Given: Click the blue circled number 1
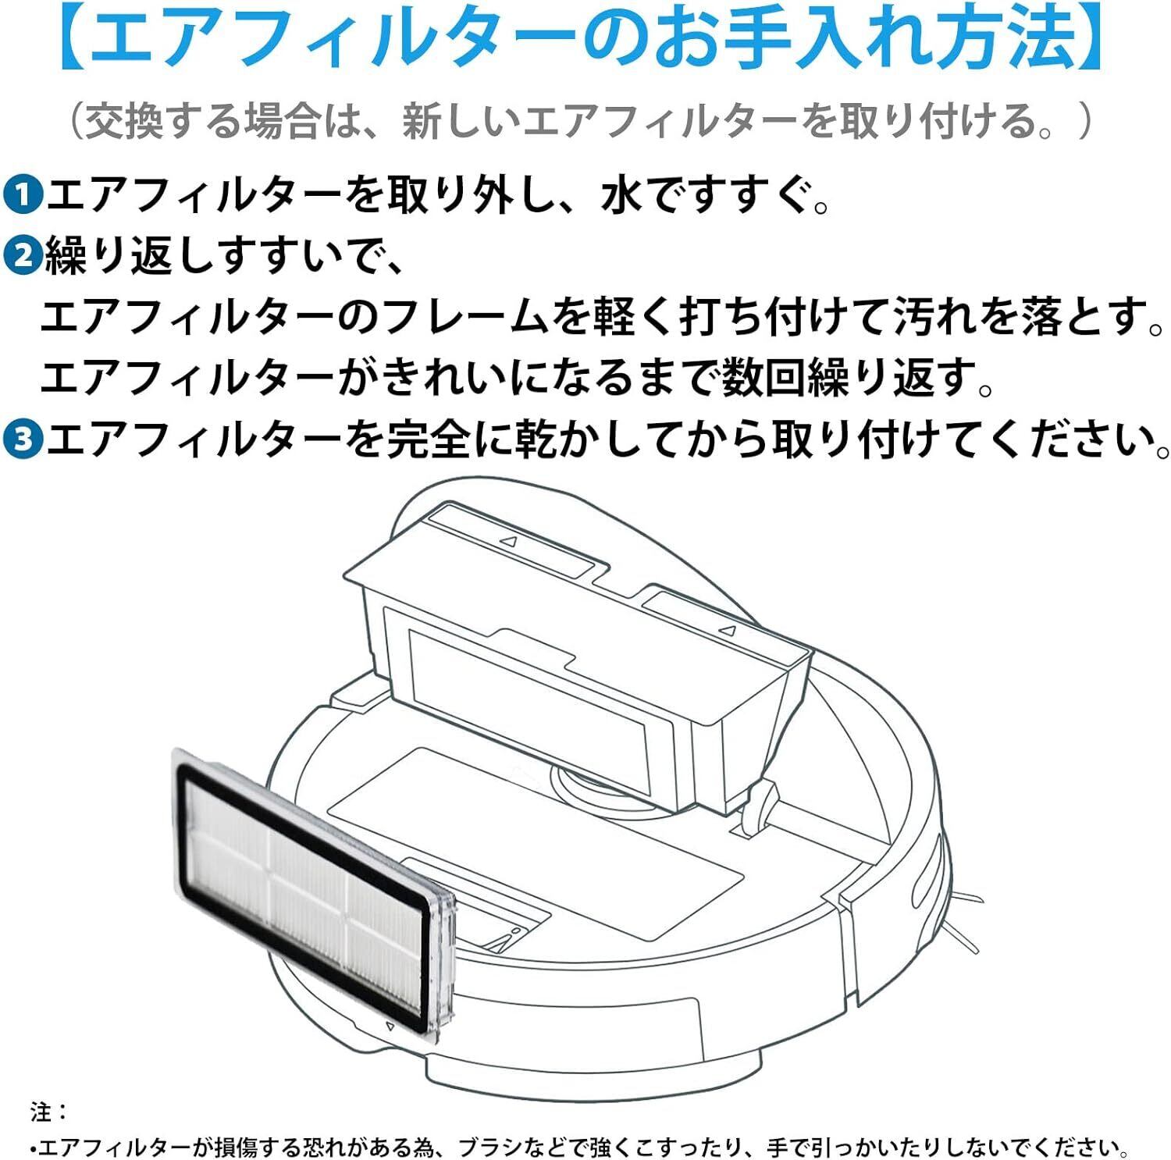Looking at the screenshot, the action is pyautogui.click(x=24, y=195).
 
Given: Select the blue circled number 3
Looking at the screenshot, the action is pyautogui.click(x=24, y=439).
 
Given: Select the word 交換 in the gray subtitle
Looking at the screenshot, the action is pyautogui.click(x=124, y=122).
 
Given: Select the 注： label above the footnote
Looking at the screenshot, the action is pyautogui.click(x=49, y=1111).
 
